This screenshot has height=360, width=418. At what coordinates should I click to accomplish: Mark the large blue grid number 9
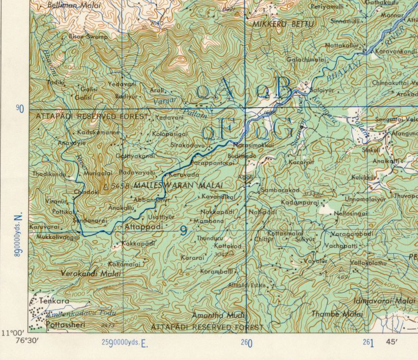[x=184, y=230]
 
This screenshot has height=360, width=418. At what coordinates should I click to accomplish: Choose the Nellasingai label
[x=351, y=213]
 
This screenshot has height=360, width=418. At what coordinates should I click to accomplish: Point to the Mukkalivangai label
[x=58, y=237]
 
